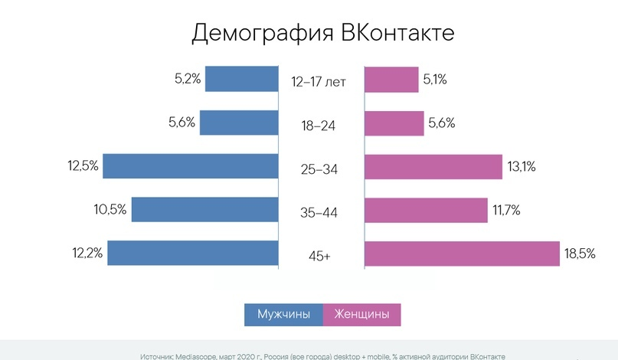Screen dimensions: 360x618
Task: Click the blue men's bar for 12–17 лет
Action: coord(241,80)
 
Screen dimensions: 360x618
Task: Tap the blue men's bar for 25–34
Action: coord(190,166)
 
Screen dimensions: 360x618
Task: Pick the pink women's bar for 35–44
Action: coord(426,209)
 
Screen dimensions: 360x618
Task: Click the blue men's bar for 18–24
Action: coord(238,123)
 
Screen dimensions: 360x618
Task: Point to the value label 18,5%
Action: coord(580,254)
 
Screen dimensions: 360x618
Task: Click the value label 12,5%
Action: coord(83,165)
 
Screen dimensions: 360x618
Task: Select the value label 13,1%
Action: coord(522,166)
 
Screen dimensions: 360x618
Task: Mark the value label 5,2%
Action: coord(186,79)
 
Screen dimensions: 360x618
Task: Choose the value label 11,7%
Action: coord(505,209)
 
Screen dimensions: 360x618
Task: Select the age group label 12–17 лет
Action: coord(319,82)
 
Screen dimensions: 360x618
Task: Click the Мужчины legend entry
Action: coord(283,315)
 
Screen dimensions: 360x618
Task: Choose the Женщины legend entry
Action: coord(361,315)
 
